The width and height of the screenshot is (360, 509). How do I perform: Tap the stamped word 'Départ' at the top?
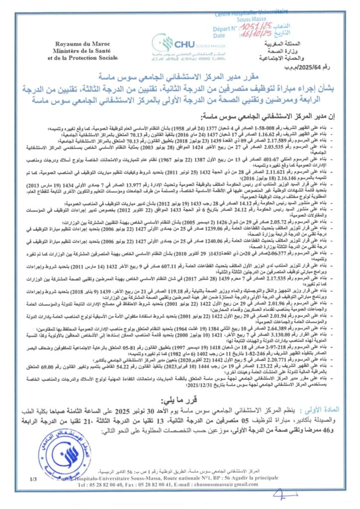click(223, 28)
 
